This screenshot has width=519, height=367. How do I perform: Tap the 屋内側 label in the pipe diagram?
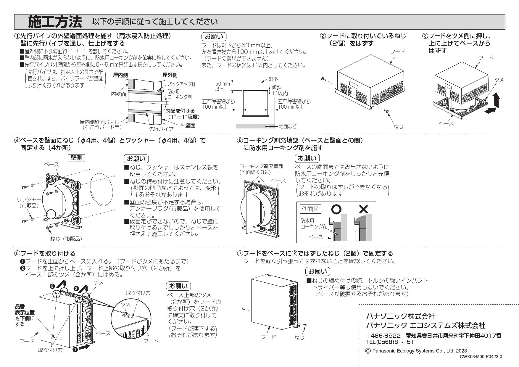[x=120, y=75]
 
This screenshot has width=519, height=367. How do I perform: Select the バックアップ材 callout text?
[x=182, y=84]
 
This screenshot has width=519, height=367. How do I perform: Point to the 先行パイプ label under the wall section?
[x=161, y=129]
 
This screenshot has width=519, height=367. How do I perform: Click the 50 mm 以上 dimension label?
[x=222, y=86]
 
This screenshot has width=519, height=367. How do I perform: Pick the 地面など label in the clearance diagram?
[x=288, y=126]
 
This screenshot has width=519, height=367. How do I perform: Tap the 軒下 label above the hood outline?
[x=273, y=79]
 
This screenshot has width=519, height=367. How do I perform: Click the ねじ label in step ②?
[x=399, y=126]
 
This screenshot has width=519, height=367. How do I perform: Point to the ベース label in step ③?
[x=446, y=123]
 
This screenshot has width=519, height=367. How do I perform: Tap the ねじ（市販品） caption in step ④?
[x=68, y=239]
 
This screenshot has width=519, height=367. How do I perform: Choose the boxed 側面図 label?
[x=310, y=209]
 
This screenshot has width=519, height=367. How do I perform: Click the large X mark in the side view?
[x=363, y=209]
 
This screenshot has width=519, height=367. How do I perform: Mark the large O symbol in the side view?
[x=336, y=209]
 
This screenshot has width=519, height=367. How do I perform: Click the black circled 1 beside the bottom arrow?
[x=75, y=349]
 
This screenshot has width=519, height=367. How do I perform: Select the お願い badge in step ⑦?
[x=317, y=271]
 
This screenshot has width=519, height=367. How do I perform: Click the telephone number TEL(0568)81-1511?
[x=391, y=342]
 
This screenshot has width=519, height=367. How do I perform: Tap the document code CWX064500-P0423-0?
[x=481, y=356]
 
